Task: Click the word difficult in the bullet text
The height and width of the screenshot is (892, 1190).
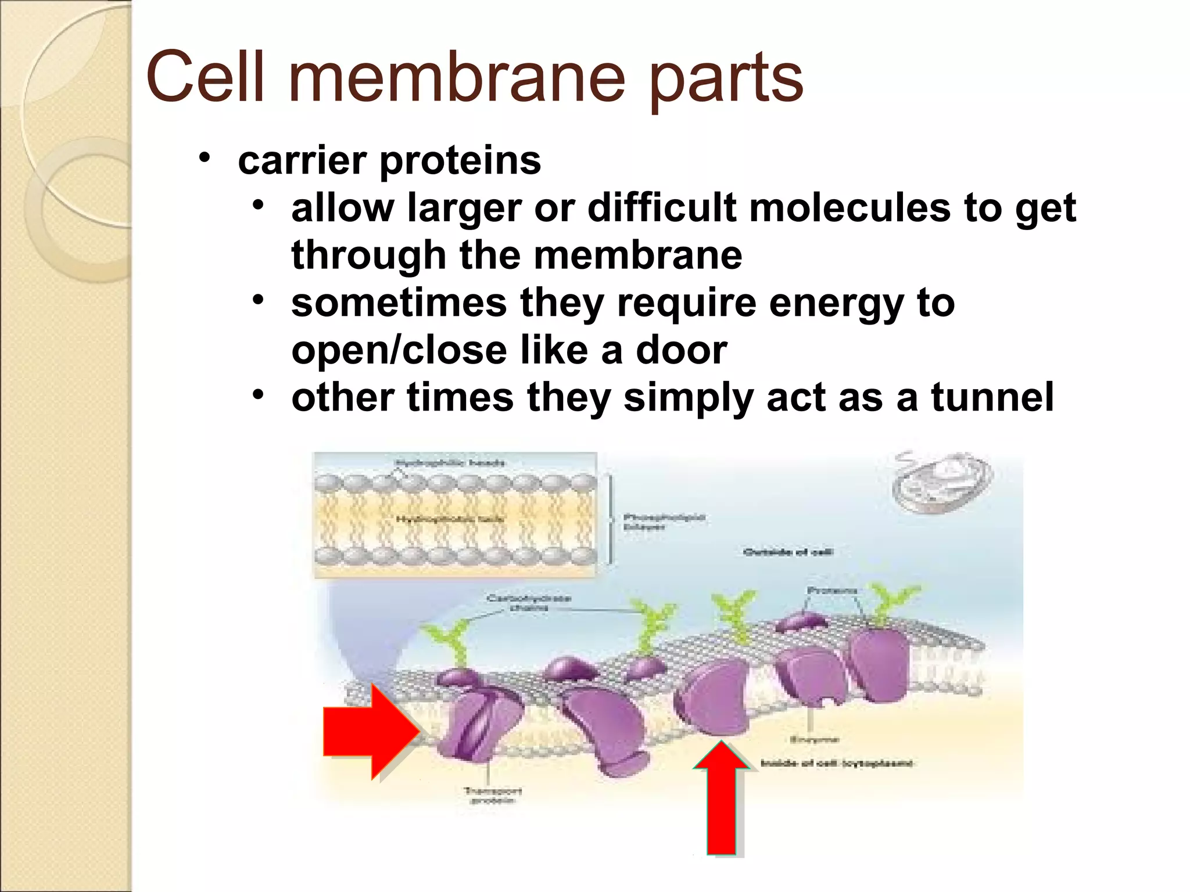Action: pyautogui.click(x=662, y=208)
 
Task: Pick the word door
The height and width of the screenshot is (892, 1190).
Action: pyautogui.click(x=681, y=351)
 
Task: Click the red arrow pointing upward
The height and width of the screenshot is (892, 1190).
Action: pyautogui.click(x=721, y=799)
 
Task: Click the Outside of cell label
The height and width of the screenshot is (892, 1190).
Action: pyautogui.click(x=788, y=552)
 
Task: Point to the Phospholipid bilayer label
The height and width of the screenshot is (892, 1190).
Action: pyautogui.click(x=664, y=521)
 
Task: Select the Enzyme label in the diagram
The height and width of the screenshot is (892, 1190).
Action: pyautogui.click(x=814, y=739)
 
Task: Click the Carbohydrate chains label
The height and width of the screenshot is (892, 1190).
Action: pyautogui.click(x=529, y=602)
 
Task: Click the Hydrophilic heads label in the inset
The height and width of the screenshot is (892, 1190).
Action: pyautogui.click(x=450, y=463)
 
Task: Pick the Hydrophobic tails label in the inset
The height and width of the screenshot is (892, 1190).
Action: pyautogui.click(x=450, y=519)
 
